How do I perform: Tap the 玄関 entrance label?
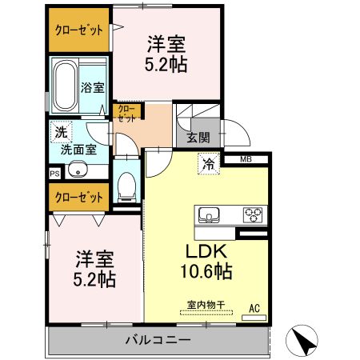(198, 137)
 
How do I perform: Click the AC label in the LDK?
(254, 308)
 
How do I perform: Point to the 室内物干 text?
(206, 304)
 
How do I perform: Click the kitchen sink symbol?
(209, 214)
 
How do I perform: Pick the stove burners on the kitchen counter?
(253, 214)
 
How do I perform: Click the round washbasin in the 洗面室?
(78, 169)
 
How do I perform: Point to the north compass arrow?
(306, 341)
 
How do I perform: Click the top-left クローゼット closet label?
(78, 30)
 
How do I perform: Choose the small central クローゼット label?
(126, 112)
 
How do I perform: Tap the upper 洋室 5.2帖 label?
(166, 54)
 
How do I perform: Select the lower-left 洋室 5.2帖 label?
(95, 268)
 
